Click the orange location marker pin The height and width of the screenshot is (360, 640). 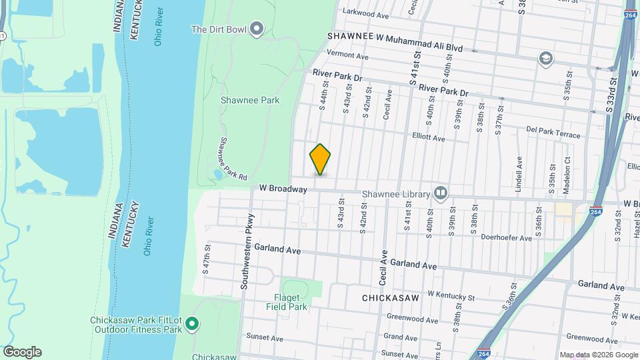click(x=320, y=159)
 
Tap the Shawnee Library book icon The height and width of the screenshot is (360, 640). click(x=440, y=193)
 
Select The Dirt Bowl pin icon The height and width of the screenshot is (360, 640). click(x=257, y=29)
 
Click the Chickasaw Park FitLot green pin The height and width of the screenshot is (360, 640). click(x=192, y=325)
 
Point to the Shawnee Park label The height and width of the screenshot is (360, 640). click(x=250, y=100)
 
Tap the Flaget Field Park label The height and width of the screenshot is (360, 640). click(x=291, y=302)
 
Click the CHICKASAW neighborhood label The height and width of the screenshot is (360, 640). click(x=390, y=298)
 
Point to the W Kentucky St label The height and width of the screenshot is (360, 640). click(x=451, y=295)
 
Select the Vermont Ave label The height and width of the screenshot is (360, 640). click(x=347, y=55)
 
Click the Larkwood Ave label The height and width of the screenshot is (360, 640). click(x=365, y=13)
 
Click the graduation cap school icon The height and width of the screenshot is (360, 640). click(x=546, y=59)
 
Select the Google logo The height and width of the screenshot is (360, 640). click(x=22, y=351)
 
